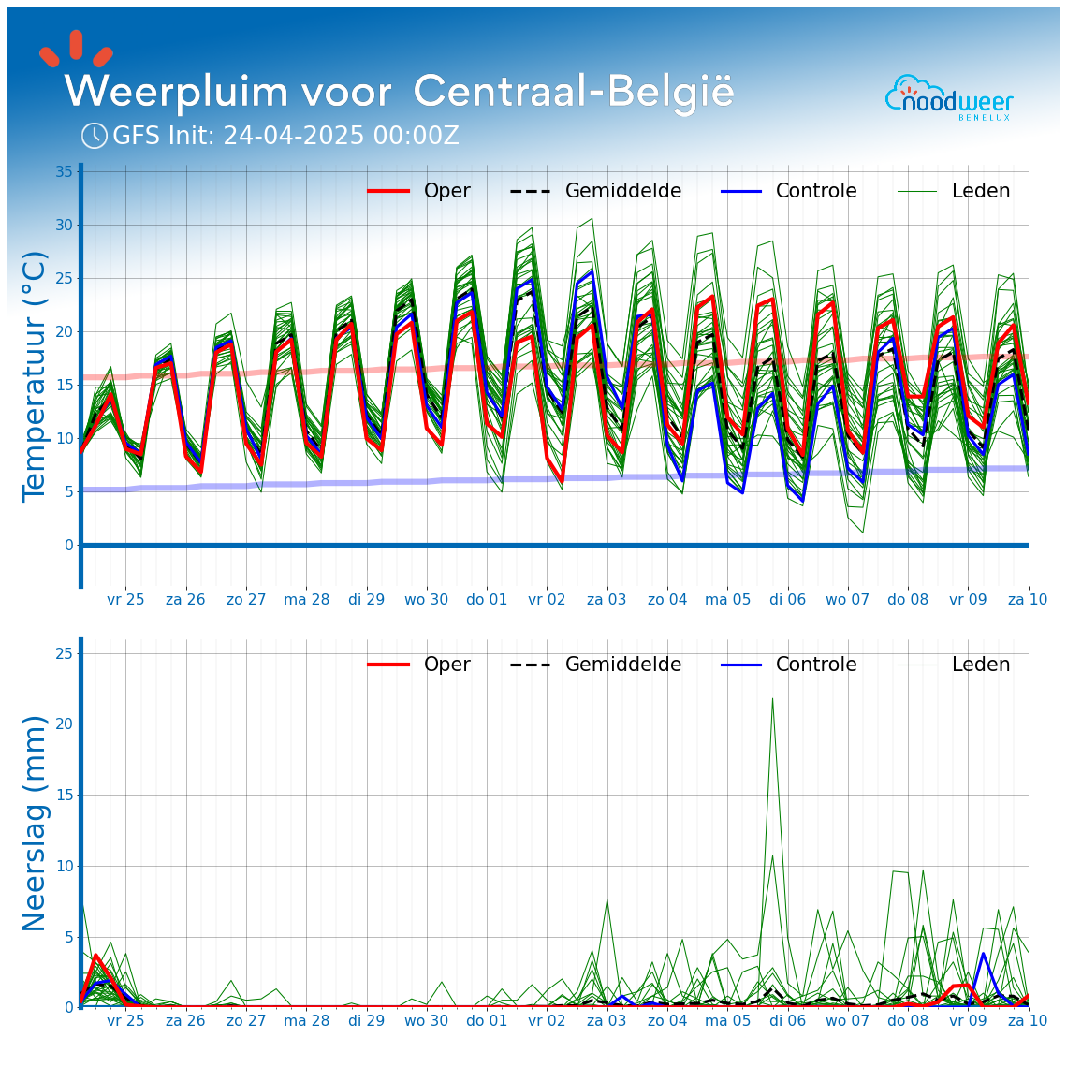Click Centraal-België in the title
(573, 93)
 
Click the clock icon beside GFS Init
(95, 136)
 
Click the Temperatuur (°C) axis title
(35, 375)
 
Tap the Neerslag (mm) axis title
(35, 823)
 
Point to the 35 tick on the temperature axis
(64, 172)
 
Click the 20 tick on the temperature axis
(64, 332)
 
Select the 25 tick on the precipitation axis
(64, 653)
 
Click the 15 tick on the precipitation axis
(64, 796)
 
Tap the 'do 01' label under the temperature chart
(487, 599)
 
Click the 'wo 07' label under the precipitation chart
(847, 1020)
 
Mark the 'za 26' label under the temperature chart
(185, 599)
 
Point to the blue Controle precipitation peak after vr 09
(983, 954)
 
